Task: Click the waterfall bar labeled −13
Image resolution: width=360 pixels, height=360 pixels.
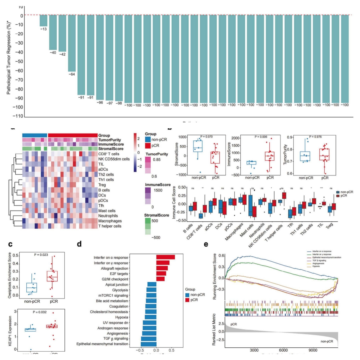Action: click(43, 21)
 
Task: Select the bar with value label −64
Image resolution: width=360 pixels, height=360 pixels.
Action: click(72, 43)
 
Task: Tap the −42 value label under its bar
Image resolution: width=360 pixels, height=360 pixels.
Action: click(62, 54)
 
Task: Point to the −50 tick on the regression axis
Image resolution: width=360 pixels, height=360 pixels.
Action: click(19, 61)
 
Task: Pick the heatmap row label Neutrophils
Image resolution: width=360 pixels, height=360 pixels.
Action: click(108, 216)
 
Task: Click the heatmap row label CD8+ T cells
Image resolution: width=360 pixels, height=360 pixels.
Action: click(109, 154)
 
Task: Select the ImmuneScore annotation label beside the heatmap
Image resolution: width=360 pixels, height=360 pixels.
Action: click(111, 144)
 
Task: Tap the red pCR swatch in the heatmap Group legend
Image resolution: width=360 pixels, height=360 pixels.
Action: click(148, 145)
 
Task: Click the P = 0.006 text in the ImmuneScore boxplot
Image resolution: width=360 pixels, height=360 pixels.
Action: click(261, 137)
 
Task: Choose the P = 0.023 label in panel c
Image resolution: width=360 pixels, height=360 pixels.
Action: click(41, 255)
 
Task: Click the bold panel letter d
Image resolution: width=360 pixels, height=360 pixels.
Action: click(79, 244)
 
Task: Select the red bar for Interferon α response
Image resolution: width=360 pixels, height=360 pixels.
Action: click(165, 257)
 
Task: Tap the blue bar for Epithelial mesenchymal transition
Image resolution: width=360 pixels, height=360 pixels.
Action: click(148, 344)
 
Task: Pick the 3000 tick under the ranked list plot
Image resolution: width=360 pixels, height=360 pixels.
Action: click(254, 350)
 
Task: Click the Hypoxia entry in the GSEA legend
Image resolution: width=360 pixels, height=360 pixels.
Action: click(316, 266)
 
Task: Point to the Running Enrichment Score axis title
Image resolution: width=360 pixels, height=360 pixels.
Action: click(214, 277)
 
